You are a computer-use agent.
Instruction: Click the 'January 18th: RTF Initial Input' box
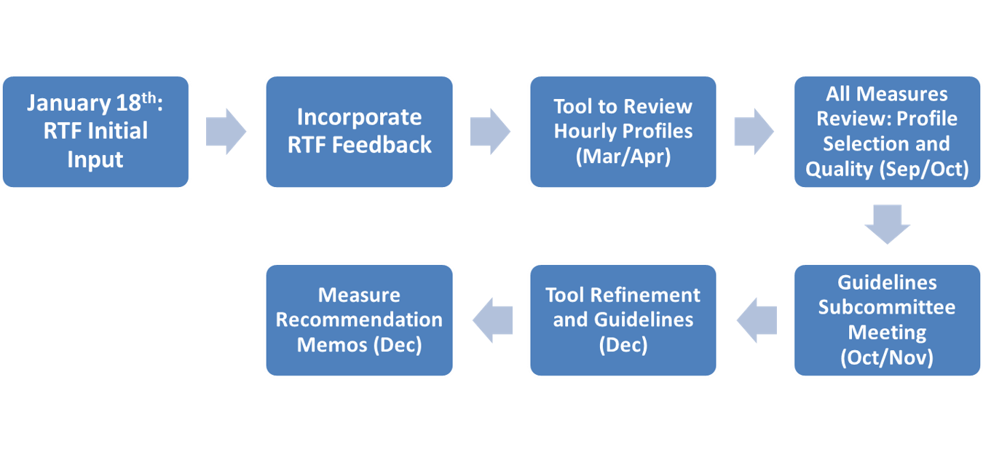[x=95, y=132]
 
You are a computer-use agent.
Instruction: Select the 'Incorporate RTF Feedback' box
[x=360, y=132]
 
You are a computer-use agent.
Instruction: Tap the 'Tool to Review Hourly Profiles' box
[x=623, y=132]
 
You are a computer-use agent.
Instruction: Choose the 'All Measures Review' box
[x=888, y=132]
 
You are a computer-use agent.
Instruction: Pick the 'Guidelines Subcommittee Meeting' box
[x=888, y=320]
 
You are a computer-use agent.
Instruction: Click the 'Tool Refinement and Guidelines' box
[x=623, y=320]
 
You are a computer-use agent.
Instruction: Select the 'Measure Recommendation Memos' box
[x=360, y=320]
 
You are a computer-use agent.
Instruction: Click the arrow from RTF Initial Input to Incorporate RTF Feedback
[x=226, y=132]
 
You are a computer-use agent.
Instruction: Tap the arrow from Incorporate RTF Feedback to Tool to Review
[x=490, y=132]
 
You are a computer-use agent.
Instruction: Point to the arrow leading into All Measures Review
[x=754, y=132]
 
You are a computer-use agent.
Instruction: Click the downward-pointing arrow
[x=888, y=224]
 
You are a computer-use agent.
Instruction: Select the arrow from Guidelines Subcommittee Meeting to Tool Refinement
[x=757, y=320]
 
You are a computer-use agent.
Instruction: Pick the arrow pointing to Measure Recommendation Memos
[x=492, y=320]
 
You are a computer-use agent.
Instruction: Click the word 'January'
[x=68, y=103]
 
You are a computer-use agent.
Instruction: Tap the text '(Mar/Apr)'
[x=623, y=156]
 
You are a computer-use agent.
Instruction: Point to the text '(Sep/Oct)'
[x=924, y=170]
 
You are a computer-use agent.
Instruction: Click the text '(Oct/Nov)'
[x=887, y=357]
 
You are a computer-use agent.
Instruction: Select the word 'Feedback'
[x=382, y=146]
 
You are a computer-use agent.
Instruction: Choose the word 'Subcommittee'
[x=887, y=307]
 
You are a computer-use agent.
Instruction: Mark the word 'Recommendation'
[x=360, y=320]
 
